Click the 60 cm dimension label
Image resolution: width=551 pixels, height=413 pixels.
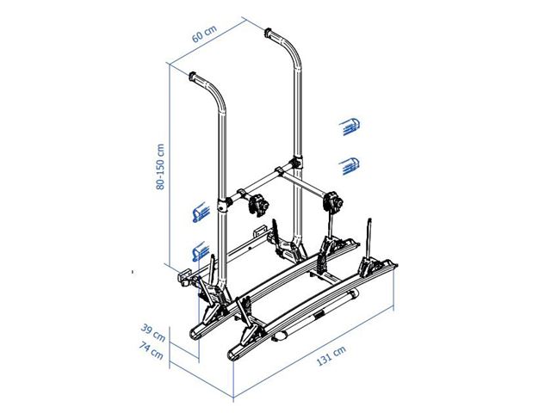tap(205, 35)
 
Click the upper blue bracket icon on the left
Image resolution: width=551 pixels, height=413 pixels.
tap(198, 212)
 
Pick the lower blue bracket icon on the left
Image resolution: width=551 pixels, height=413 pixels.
tap(198, 250)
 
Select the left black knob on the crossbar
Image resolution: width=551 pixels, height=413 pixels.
tap(257, 205)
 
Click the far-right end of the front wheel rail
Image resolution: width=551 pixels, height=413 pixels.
tap(397, 266)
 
